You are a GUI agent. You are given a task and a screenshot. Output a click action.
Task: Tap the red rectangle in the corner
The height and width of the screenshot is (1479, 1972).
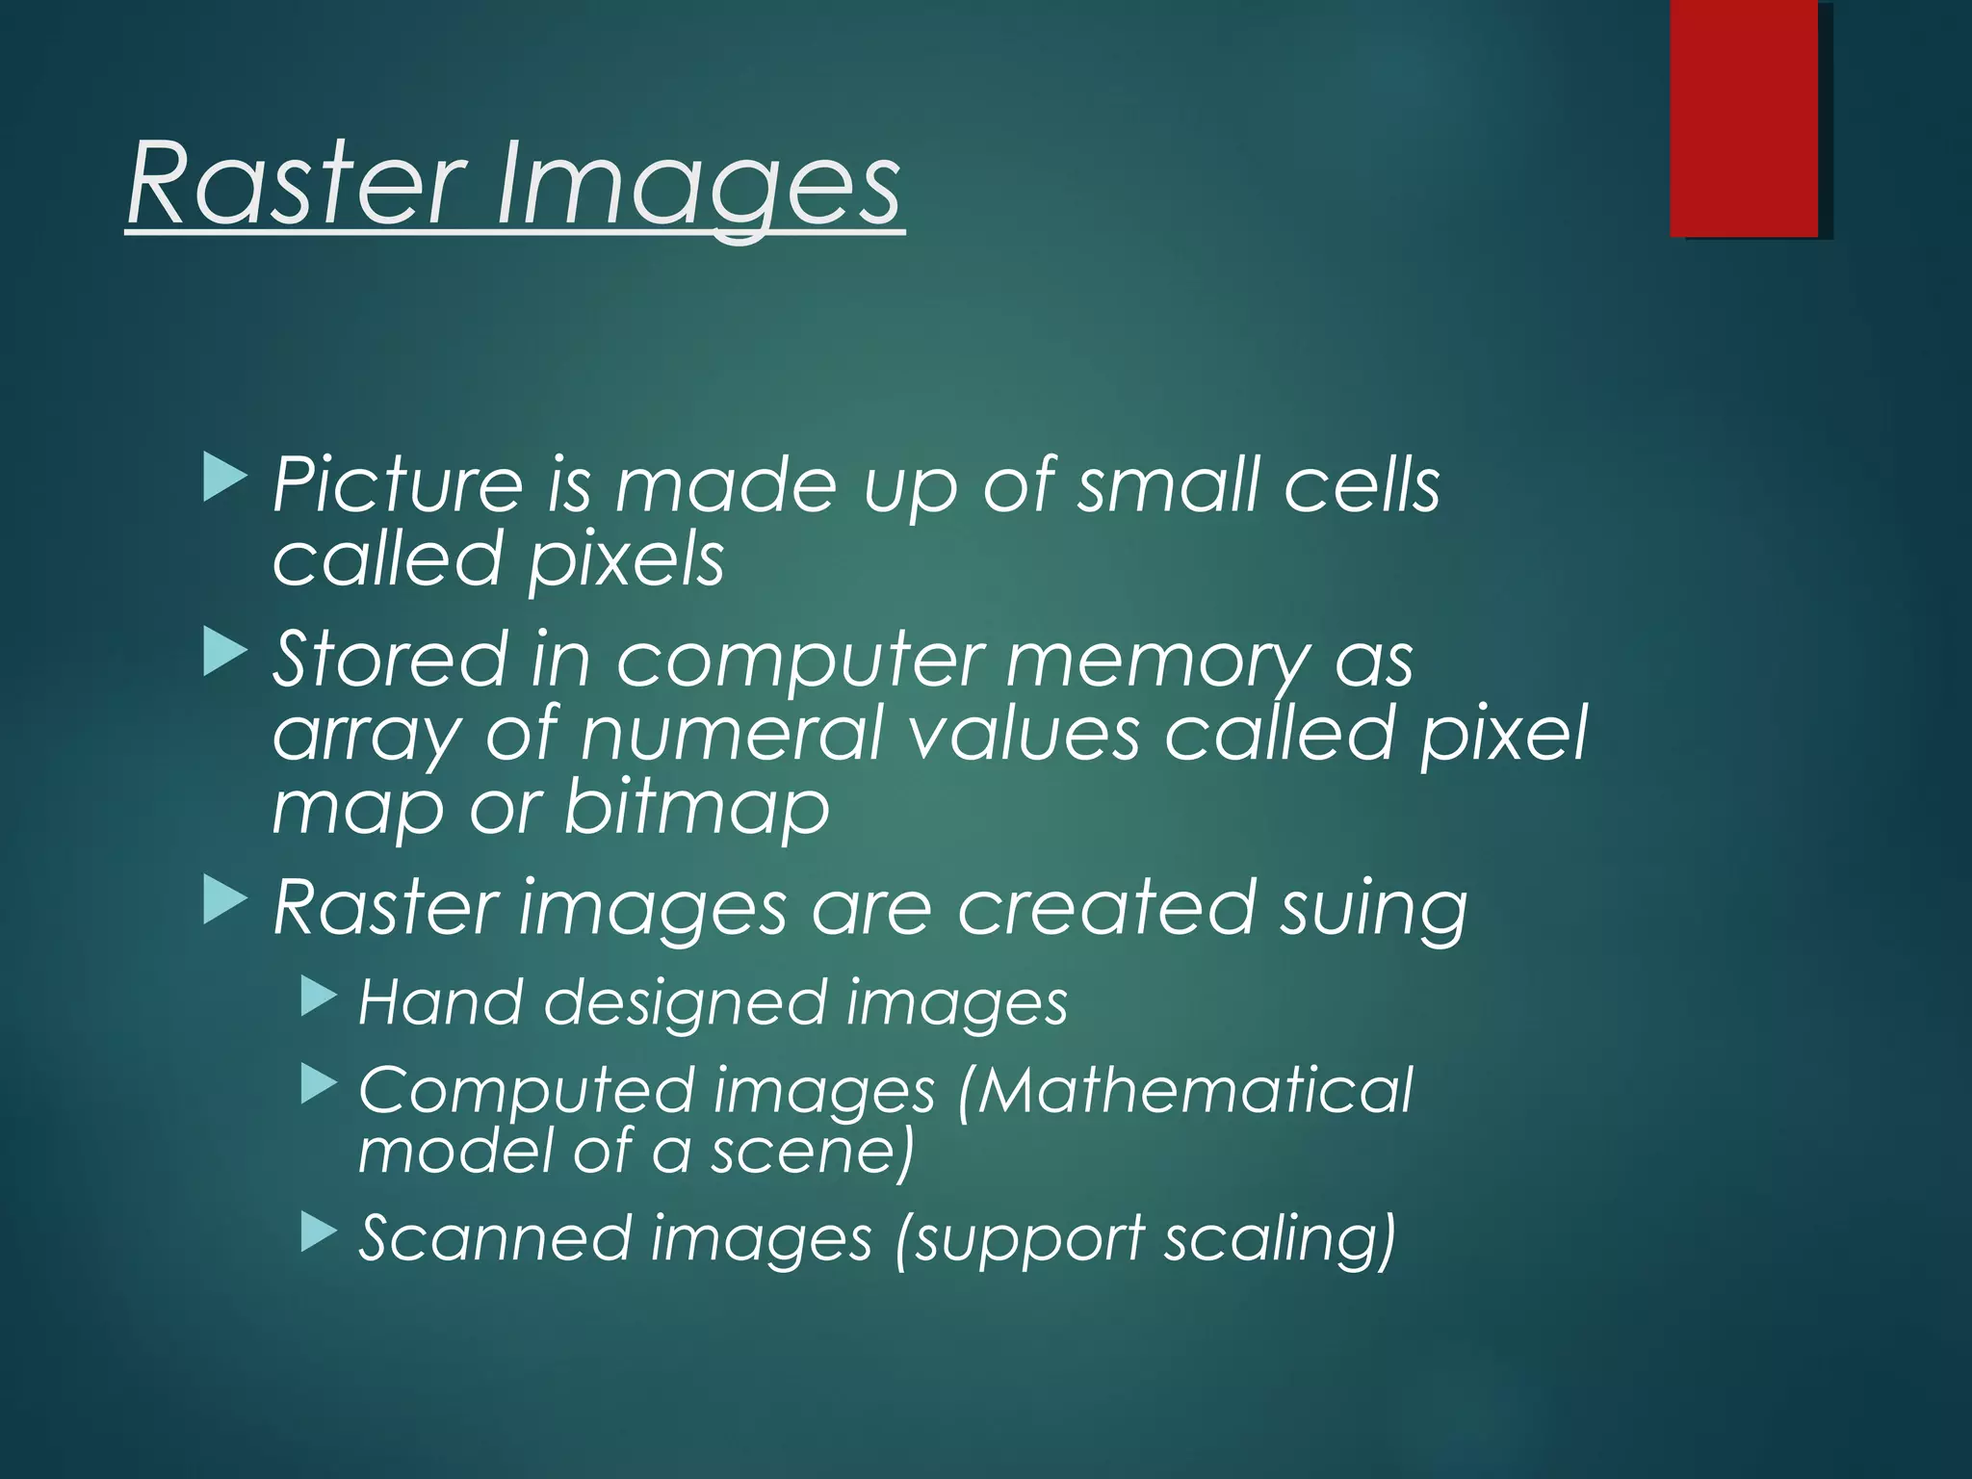coord(1744,117)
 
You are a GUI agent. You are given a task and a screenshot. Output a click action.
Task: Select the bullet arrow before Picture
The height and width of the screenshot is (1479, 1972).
coord(225,479)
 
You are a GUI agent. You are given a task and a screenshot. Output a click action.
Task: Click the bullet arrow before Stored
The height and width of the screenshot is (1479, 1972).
coord(225,652)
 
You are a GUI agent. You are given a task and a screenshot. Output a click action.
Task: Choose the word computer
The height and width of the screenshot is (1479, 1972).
coord(800,662)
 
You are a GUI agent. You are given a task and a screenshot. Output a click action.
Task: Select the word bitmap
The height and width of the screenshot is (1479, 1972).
coord(696,809)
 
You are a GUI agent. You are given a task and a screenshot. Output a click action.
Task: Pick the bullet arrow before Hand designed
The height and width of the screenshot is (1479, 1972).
coord(319,997)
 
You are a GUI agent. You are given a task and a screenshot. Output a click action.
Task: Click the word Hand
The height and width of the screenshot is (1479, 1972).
coord(441,1002)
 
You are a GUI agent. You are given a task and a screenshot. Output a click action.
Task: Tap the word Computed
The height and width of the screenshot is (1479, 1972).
coord(527,1092)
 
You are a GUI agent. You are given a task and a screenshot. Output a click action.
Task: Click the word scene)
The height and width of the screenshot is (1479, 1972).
coord(812,1152)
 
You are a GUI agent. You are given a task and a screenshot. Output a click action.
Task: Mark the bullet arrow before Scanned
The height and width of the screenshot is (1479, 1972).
coord(319,1232)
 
